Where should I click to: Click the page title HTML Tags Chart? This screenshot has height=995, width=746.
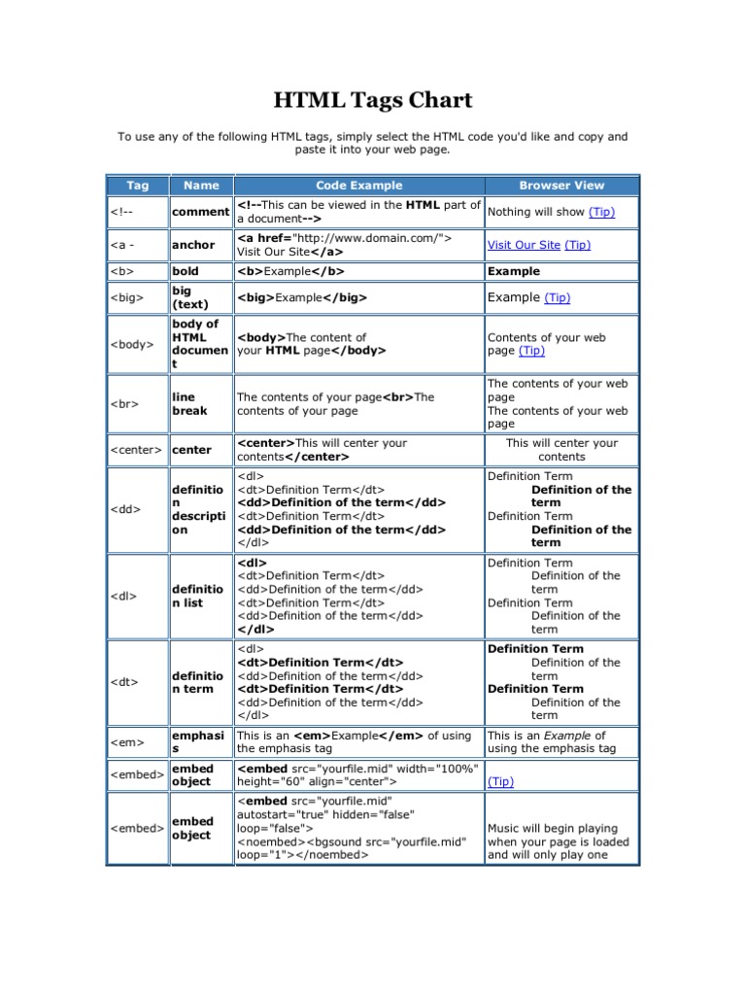pos(373,100)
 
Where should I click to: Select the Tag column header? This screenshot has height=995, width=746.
pos(137,185)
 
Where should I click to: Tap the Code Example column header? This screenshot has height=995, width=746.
pos(358,185)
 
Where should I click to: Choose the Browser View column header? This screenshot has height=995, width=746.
pos(561,185)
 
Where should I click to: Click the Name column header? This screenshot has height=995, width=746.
pos(201,185)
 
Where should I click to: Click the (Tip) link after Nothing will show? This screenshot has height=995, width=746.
pos(601,211)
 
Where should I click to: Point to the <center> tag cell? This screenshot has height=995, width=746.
pos(136,450)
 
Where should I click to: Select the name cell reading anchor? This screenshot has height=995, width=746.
pos(193,245)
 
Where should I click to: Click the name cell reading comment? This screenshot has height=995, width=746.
pos(200,211)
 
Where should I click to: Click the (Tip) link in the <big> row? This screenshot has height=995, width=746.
pos(558,298)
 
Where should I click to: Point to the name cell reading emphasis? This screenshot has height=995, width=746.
pos(197,742)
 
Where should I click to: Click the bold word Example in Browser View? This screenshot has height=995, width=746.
pos(514,271)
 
